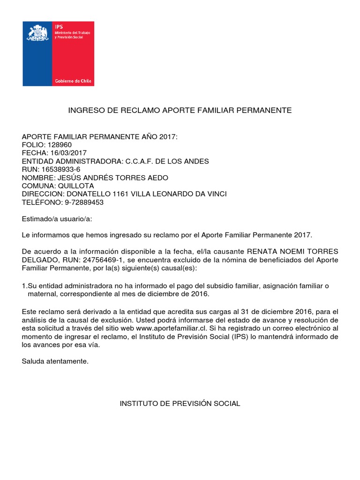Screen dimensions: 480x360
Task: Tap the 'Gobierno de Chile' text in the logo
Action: coord(74,81)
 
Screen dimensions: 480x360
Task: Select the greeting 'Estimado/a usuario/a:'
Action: coord(54,219)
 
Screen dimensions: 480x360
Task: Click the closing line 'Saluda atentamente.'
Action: coord(55,361)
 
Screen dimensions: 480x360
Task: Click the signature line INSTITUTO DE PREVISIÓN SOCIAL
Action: coord(180,404)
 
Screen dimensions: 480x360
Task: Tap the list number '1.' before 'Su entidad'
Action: coord(25,286)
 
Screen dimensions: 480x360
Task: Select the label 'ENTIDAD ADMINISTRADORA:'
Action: coord(72,161)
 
